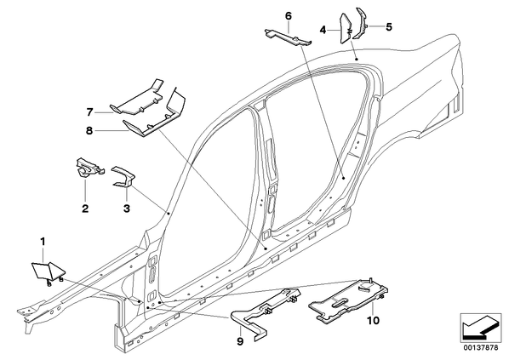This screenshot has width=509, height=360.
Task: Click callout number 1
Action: pyautogui.click(x=43, y=242)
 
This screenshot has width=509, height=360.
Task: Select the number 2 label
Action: pyautogui.click(x=85, y=208)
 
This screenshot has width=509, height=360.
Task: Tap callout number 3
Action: pyautogui.click(x=127, y=208)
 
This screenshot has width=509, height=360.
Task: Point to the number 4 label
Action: pyautogui.click(x=323, y=30)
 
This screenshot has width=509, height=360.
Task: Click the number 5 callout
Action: pyautogui.click(x=389, y=26)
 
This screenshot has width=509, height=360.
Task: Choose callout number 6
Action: pyautogui.click(x=289, y=15)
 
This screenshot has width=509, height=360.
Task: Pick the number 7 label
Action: pyautogui.click(x=90, y=112)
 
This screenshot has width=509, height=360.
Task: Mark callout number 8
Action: pyautogui.click(x=89, y=130)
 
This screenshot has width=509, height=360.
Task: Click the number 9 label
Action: pyautogui.click(x=240, y=341)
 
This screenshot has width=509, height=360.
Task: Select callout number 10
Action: pyautogui.click(x=373, y=321)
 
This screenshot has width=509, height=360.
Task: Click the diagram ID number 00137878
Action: pyautogui.click(x=481, y=348)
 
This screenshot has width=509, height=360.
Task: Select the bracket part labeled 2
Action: pyautogui.click(x=89, y=167)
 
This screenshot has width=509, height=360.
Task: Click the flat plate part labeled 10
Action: pyautogui.click(x=349, y=301)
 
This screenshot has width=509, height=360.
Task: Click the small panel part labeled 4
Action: pyautogui.click(x=345, y=29)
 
